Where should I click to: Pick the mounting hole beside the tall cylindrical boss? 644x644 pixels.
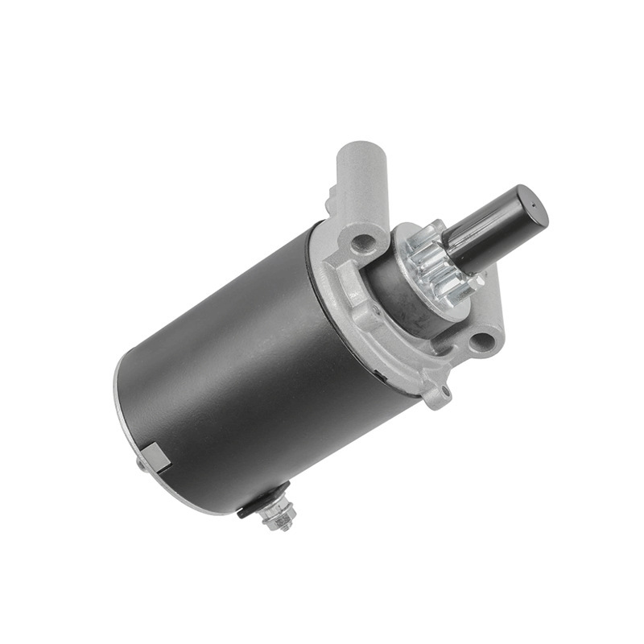pyautogui.click(x=363, y=241)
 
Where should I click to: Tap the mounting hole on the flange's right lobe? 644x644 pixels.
pyautogui.click(x=482, y=341)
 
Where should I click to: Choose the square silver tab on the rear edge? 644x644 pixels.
pyautogui.click(x=158, y=458)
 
